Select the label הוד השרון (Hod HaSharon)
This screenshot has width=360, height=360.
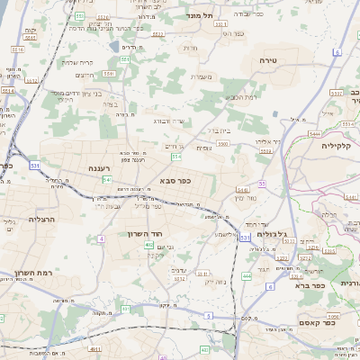pyautogui.click(x=162, y=233)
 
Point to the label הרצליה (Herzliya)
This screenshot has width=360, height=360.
pyautogui.click(x=41, y=219)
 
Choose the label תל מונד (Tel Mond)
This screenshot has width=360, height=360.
pyautogui.click(x=197, y=15)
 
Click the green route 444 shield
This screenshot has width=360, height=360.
pyautogui.click(x=247, y=277)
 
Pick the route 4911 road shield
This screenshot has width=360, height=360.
pyautogui.click(x=94, y=348)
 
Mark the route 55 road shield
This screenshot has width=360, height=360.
pyautogui.click(x=262, y=184)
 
